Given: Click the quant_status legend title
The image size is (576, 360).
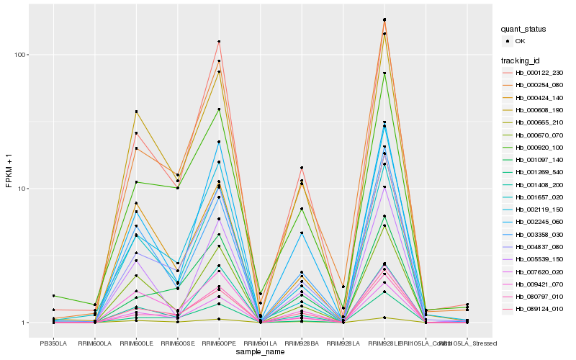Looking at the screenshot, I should click(x=523, y=30).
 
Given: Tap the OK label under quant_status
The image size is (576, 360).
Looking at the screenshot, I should click(x=520, y=42).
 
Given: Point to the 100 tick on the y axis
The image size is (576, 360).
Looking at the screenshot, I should click(x=20, y=55).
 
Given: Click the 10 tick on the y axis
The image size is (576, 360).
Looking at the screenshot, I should click(x=22, y=189).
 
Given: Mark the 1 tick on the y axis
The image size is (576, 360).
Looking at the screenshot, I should click(x=24, y=323).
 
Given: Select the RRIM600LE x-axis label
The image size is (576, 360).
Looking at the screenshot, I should click(x=136, y=344).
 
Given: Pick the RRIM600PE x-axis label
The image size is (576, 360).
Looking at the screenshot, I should click(x=219, y=344).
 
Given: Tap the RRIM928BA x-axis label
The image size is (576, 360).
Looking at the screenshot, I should click(x=302, y=344).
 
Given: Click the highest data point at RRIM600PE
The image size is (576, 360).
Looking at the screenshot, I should click(x=219, y=42).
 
